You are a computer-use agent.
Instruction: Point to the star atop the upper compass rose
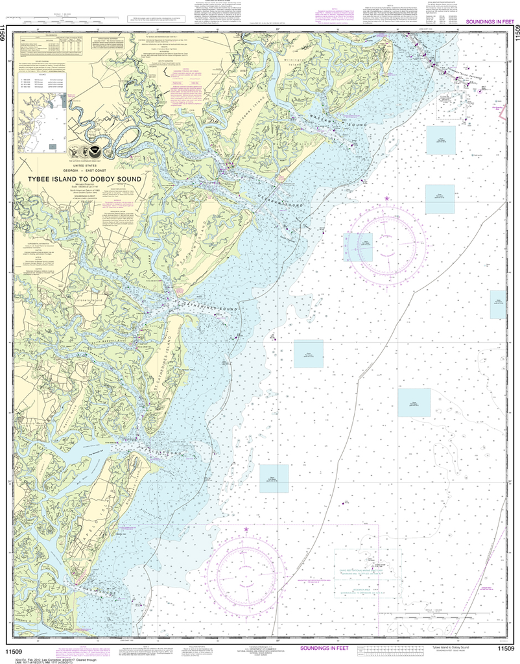387,198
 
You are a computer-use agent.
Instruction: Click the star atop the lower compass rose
246,530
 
